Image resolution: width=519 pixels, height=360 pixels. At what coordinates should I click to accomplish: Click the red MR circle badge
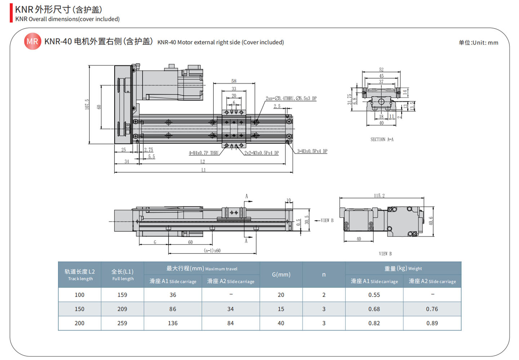(32, 41)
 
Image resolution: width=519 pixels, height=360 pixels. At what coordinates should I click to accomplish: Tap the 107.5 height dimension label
(87, 105)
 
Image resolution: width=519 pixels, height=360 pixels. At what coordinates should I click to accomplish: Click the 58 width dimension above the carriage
(234, 81)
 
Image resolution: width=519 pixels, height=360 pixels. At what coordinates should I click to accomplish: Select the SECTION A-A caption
(382, 139)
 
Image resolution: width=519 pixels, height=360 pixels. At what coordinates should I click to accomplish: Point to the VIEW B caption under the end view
(385, 254)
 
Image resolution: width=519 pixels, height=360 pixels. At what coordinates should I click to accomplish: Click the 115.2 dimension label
(379, 196)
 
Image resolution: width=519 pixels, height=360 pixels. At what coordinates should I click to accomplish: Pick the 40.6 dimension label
(431, 221)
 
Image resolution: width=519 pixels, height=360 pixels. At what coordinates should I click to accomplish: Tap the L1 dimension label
(204, 170)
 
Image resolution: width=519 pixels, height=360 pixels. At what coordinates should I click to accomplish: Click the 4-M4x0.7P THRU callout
(204, 153)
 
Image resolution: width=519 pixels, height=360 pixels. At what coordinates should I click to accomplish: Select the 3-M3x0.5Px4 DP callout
(312, 151)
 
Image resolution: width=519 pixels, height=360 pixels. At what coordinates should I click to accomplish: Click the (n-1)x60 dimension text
(212, 250)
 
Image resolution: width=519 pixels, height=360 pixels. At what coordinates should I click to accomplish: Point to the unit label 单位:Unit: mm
(478, 43)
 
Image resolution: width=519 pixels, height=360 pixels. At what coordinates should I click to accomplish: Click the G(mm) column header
(281, 275)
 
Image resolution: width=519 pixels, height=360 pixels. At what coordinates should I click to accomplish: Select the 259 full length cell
(122, 323)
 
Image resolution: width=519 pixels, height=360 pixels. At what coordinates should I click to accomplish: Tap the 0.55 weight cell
(374, 295)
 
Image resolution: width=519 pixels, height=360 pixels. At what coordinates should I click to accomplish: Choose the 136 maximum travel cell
(173, 323)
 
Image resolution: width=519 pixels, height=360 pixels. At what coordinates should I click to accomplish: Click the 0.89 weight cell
(432, 323)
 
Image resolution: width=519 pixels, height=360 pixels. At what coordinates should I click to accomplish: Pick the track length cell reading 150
(79, 309)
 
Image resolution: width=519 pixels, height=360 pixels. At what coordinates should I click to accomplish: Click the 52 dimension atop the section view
(381, 70)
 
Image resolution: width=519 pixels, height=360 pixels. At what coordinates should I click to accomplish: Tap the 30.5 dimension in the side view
(307, 220)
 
